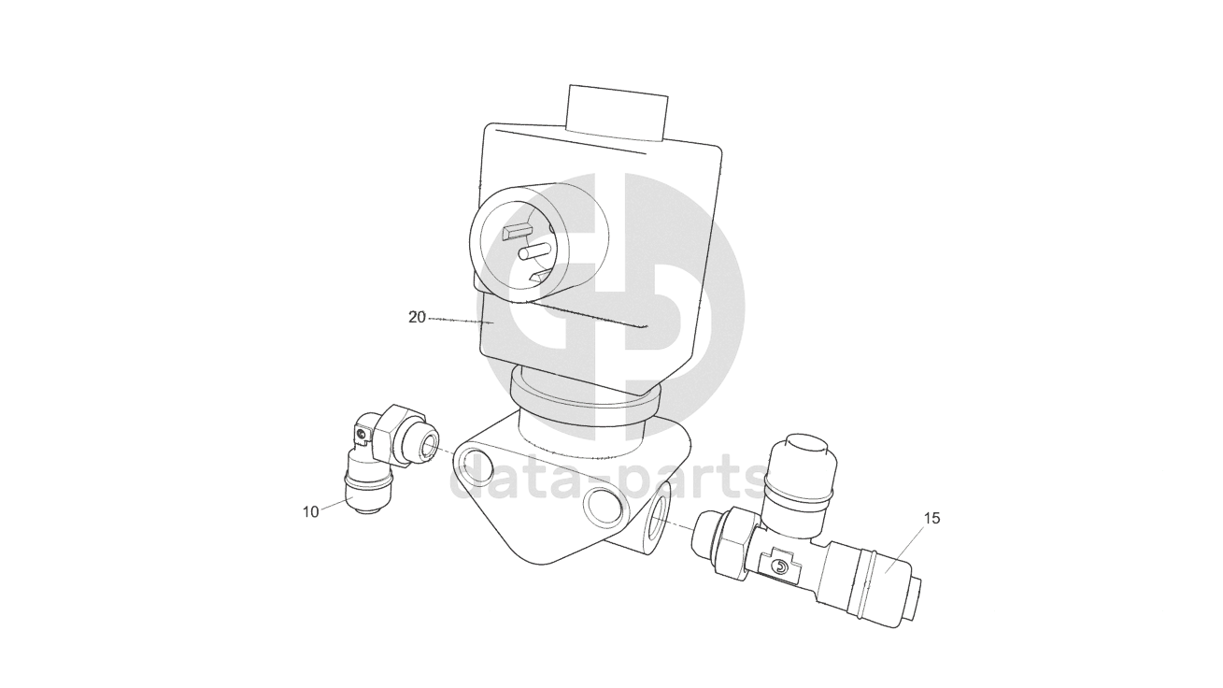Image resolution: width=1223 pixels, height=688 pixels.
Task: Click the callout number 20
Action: point(417,317)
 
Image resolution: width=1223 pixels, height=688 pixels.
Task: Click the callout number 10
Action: point(311,512)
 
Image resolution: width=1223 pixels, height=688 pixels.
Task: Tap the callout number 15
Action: point(932,518)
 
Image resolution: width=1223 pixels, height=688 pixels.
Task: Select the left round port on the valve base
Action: point(473,469)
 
